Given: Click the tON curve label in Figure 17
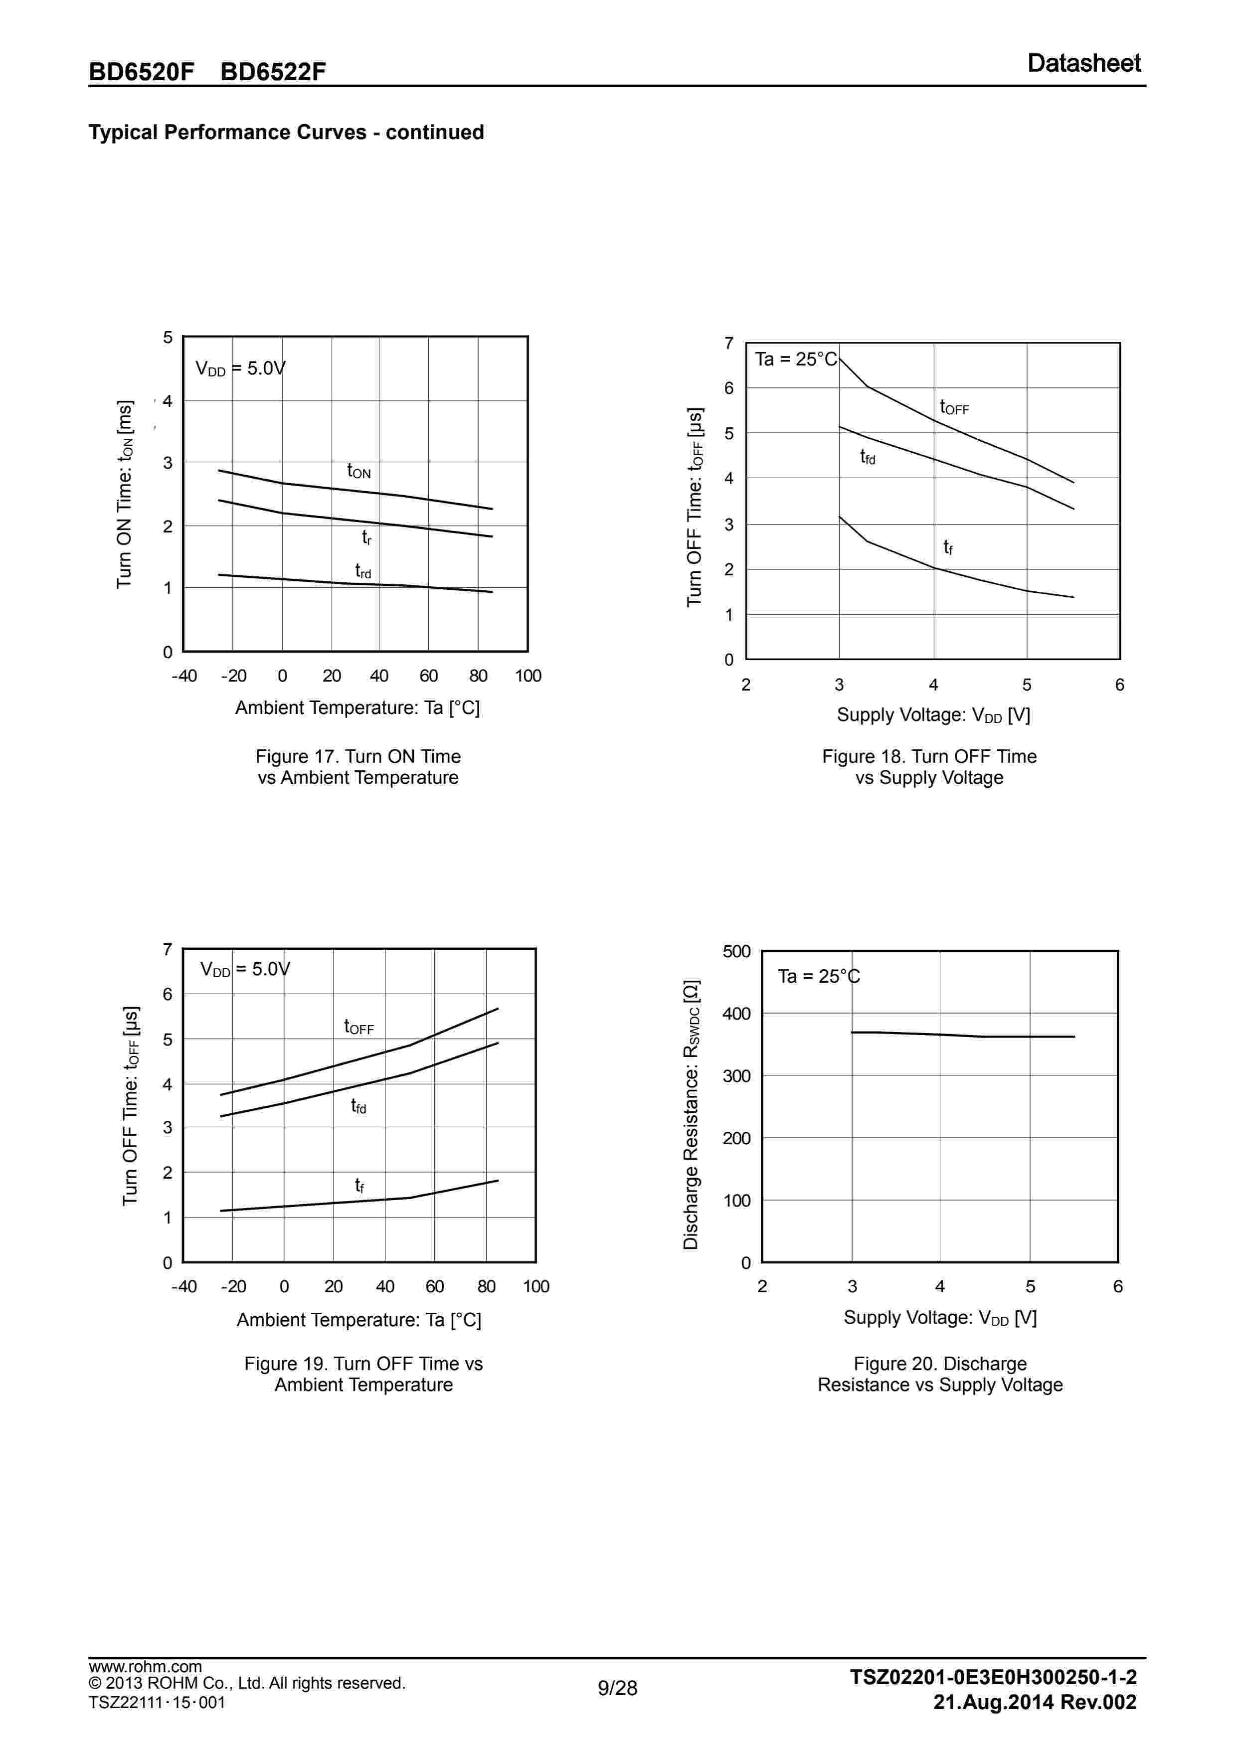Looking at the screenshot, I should (x=358, y=472).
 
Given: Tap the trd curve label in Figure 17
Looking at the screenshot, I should (x=363, y=571).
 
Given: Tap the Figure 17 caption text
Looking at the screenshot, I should (x=357, y=767).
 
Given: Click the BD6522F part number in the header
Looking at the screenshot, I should (x=273, y=71).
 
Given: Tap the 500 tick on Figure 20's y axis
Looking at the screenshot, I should (x=736, y=951).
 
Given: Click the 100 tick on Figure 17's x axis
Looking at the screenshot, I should (x=528, y=676).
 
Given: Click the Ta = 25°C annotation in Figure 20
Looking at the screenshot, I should (x=818, y=976).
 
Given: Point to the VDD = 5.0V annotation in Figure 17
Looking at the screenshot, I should (x=240, y=369).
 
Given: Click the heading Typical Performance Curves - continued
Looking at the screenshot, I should (x=286, y=133).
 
